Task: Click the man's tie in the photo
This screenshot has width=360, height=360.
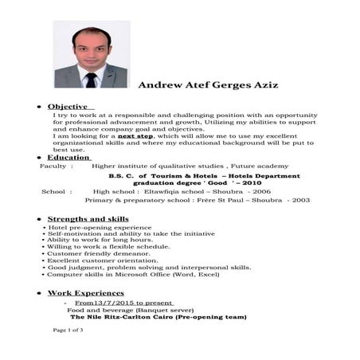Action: (91, 79)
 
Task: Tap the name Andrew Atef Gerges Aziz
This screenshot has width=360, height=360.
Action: (208, 84)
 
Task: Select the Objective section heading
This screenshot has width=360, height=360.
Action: (70, 107)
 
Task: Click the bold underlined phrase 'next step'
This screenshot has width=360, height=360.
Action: (135, 136)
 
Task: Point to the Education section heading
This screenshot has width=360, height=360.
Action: (68, 158)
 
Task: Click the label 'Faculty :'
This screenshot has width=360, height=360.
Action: (55, 166)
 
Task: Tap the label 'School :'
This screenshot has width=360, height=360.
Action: (56, 192)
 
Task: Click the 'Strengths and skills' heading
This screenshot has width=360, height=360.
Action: (88, 219)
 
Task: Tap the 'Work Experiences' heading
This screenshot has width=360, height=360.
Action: (85, 293)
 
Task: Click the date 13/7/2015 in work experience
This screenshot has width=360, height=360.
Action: (112, 303)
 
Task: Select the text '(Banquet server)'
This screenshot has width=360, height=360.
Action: (155, 311)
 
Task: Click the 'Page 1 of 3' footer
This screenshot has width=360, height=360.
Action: (69, 330)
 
